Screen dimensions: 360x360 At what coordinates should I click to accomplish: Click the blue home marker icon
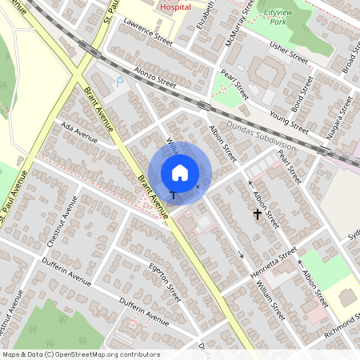[x=180, y=172]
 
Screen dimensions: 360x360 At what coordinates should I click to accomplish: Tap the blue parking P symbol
[x=121, y=82]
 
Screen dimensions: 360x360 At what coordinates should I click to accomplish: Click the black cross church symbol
[x=258, y=214]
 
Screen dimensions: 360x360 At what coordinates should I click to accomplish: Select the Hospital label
[x=176, y=6]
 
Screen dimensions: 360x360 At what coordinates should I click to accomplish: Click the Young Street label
[x=289, y=119]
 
